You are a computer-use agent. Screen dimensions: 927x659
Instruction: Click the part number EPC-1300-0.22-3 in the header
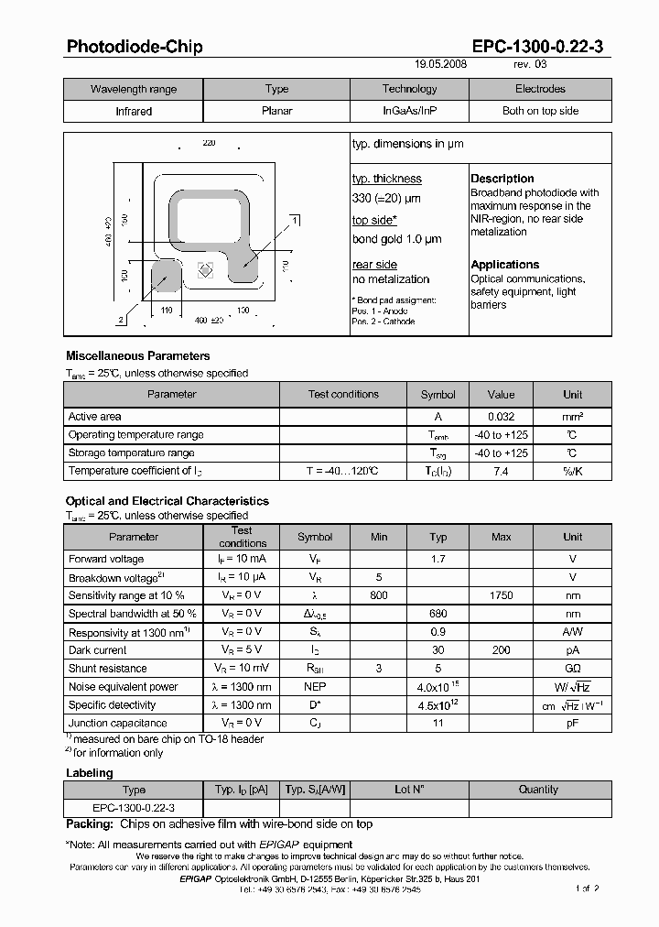(x=537, y=47)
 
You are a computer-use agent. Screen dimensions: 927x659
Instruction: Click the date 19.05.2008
(x=441, y=65)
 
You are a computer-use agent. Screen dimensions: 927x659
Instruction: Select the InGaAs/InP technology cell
(x=409, y=111)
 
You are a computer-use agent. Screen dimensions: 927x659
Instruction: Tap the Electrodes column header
(x=540, y=89)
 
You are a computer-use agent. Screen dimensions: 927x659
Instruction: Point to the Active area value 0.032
(x=501, y=417)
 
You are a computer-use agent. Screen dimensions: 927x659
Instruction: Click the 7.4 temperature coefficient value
(x=501, y=471)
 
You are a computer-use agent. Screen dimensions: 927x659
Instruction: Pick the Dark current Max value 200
(x=501, y=650)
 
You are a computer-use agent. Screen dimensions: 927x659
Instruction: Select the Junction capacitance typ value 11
(x=438, y=724)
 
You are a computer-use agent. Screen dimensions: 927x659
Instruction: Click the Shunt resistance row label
(x=107, y=669)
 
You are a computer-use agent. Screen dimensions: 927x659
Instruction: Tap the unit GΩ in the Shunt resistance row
(x=572, y=669)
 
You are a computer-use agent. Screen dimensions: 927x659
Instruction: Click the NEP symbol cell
(x=315, y=687)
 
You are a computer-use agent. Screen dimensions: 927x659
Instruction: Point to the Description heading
(x=502, y=179)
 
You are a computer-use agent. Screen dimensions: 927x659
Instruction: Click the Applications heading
(x=504, y=265)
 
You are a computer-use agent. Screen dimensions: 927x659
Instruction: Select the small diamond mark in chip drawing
(x=206, y=270)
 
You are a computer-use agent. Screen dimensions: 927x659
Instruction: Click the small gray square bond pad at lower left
(x=167, y=275)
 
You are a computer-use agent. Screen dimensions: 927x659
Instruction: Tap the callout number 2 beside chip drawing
(x=121, y=320)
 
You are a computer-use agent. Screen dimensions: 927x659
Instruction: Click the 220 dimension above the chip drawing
(x=208, y=144)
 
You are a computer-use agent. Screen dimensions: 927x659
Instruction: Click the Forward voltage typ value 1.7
(x=438, y=559)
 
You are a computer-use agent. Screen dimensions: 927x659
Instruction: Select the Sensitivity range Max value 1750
(x=501, y=595)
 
